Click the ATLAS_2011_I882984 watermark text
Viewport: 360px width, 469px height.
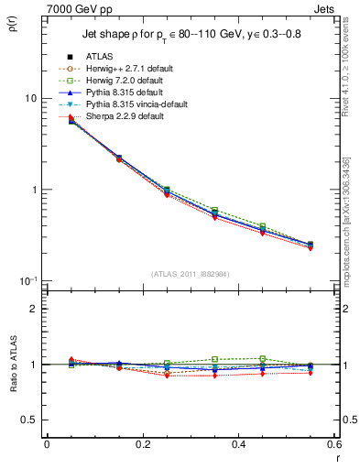coord(190,274)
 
